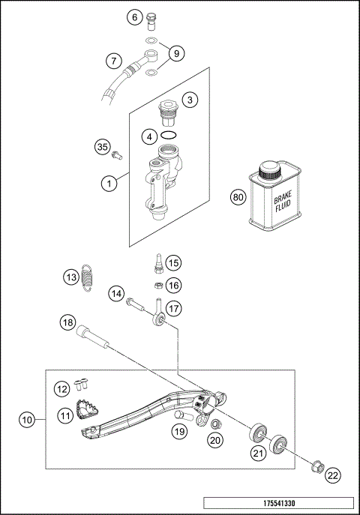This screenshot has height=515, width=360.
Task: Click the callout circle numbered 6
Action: (135, 17)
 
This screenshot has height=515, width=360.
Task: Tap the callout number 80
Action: (238, 198)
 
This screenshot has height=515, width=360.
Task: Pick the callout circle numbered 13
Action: (70, 277)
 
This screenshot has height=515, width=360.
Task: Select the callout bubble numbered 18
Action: (68, 322)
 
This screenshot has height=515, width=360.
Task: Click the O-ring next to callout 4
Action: (169, 136)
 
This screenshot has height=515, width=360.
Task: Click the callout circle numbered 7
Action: (113, 60)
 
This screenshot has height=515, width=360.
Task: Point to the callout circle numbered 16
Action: (174, 285)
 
